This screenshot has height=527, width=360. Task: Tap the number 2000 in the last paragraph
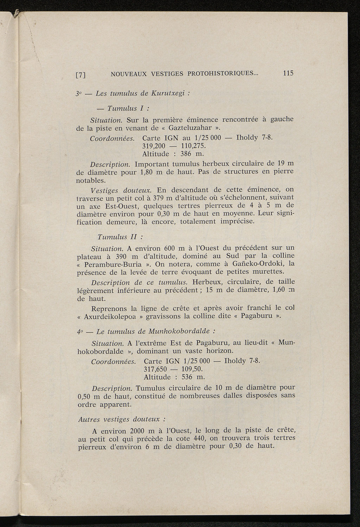pyautogui.click(x=141, y=431)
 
